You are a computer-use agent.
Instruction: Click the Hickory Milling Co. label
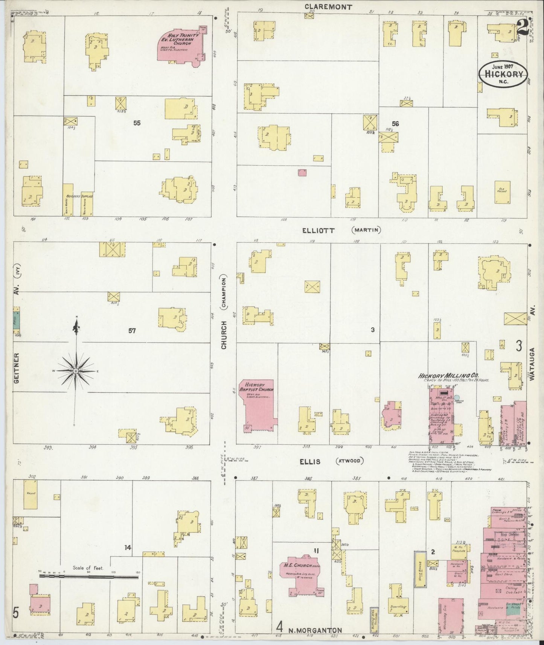448,375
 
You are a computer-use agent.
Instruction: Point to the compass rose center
76,371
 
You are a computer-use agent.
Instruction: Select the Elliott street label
318,231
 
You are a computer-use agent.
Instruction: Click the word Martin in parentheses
367,230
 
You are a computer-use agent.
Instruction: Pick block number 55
137,123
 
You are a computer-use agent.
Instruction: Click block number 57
132,331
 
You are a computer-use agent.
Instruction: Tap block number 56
395,123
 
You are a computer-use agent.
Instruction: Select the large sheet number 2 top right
521,27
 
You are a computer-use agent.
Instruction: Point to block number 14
128,548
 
